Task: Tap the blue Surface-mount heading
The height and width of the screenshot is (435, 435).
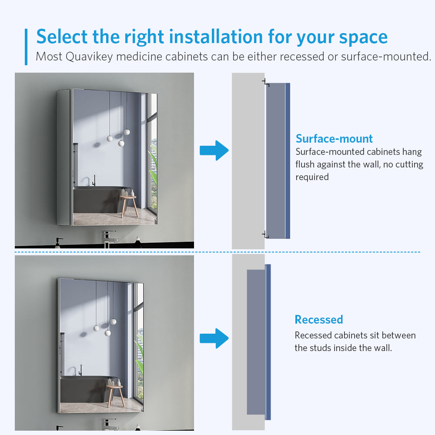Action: (x=334, y=139)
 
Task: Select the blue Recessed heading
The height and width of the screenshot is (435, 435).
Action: (x=319, y=320)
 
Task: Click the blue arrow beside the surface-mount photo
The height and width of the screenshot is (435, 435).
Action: (x=214, y=151)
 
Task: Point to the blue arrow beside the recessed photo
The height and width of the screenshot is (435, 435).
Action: (x=214, y=338)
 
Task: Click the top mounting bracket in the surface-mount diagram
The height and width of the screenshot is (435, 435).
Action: (x=266, y=83)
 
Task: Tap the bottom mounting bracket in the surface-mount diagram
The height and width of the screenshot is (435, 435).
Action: (x=266, y=234)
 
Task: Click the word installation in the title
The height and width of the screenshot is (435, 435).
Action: (x=216, y=37)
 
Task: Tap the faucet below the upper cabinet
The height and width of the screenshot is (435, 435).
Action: (x=110, y=238)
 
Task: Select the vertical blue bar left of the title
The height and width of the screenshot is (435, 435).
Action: (x=26, y=47)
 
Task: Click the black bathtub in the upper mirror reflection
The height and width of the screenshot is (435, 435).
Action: (x=101, y=199)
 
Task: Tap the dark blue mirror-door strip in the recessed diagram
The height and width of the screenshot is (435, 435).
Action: (x=268, y=342)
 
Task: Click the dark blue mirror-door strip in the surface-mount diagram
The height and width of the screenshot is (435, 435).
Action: (x=288, y=161)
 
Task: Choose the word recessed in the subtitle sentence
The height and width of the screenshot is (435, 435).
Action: (x=302, y=57)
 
